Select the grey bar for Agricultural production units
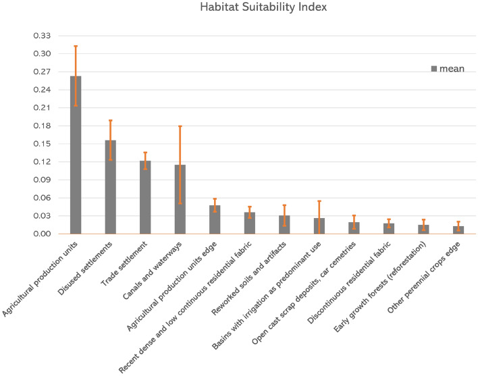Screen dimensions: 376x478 coord(76,155)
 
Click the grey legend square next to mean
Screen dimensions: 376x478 coord(435,68)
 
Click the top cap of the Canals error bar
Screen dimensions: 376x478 coord(180,126)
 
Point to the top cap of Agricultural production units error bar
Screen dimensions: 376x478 coord(76,46)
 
